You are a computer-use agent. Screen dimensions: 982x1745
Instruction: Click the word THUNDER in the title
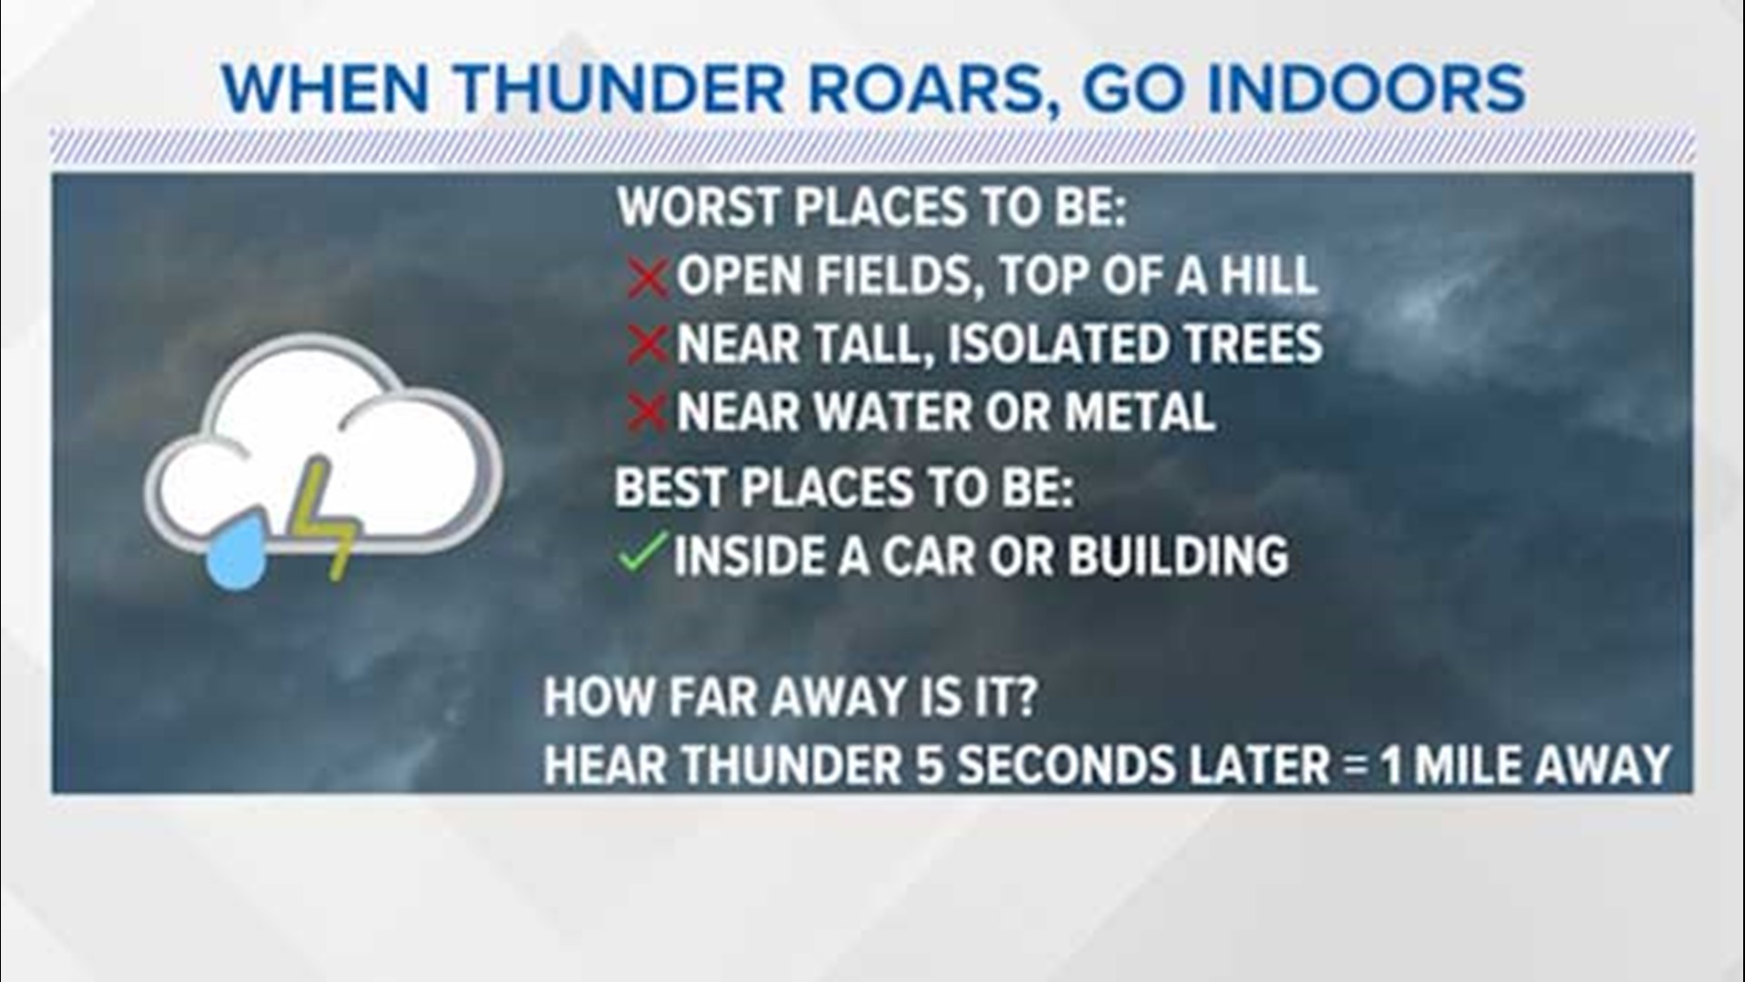coord(620,89)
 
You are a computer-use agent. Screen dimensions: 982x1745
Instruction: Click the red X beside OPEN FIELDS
coord(647,277)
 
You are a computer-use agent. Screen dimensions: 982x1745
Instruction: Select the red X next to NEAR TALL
coord(647,346)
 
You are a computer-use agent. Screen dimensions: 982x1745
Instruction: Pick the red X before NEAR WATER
coord(647,414)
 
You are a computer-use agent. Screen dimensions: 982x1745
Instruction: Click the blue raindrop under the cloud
coord(236,553)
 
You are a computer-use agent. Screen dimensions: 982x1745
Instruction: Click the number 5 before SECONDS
coord(930,765)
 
